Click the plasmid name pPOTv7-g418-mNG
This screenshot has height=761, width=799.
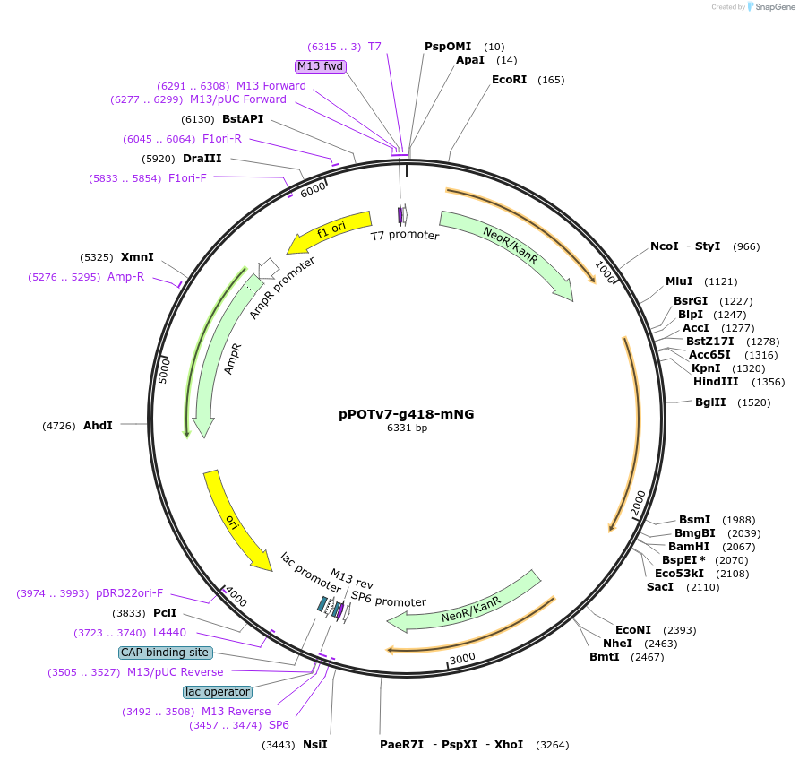coord(407,414)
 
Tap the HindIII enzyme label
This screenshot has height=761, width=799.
coord(716,382)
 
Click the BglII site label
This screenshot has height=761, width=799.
coord(712,402)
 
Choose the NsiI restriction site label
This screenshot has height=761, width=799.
coord(315,745)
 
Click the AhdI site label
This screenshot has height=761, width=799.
coord(98,425)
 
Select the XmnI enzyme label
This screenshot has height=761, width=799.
coord(137,257)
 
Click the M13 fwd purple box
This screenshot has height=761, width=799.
coord(321,66)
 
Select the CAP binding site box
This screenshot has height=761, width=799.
coord(166,653)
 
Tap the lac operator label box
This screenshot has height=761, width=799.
coord(218,692)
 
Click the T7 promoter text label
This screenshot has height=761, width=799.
coord(405,236)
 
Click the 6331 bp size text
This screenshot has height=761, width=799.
coord(407,428)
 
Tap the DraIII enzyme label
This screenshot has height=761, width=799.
coord(202,159)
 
